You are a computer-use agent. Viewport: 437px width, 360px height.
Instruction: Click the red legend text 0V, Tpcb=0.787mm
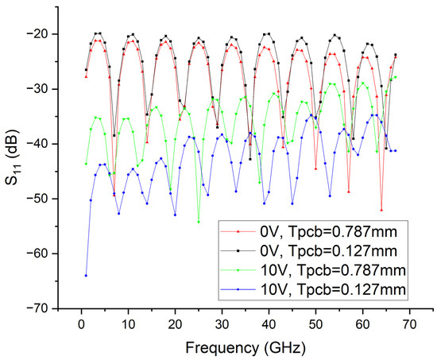pyautogui.click(x=328, y=231)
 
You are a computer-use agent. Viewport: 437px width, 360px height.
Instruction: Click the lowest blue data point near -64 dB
pyautogui.click(x=86, y=275)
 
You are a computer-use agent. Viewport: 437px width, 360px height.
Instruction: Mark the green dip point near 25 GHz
pyautogui.click(x=198, y=222)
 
